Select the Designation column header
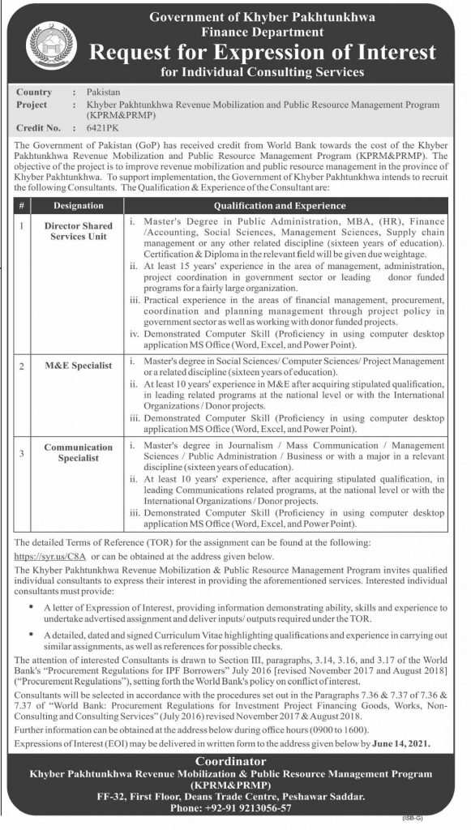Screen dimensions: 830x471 79,206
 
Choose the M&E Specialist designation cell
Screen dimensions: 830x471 79,366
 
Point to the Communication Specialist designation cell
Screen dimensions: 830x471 79,452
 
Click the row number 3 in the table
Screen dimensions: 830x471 22,447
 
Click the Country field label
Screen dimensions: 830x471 34,92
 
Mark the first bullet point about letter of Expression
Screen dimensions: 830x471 32,605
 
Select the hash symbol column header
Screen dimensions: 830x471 22,206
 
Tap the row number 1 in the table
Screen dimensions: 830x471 22,220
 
